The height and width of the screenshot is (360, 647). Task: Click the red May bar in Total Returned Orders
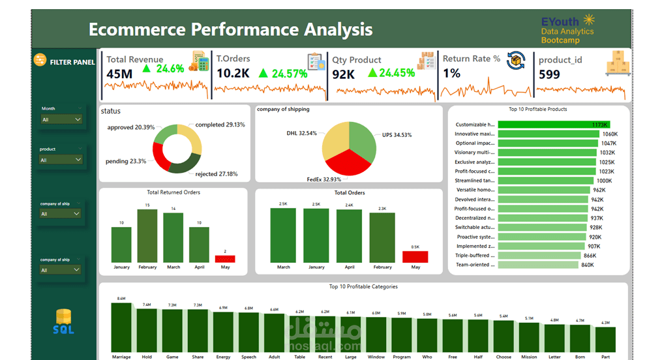(x=225, y=259)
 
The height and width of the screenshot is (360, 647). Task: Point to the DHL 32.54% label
(x=301, y=133)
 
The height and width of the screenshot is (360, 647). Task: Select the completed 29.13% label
(x=220, y=125)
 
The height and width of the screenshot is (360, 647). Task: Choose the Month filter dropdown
(x=61, y=119)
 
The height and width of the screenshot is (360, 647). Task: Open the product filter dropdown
(x=61, y=160)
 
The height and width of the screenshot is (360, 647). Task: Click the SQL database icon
(x=63, y=322)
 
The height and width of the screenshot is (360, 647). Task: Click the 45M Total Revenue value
(x=119, y=74)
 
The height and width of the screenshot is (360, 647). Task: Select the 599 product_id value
(x=549, y=74)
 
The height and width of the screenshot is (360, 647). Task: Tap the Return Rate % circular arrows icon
(x=517, y=61)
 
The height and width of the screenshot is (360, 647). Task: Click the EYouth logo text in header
(x=560, y=22)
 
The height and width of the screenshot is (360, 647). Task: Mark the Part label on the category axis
(x=605, y=357)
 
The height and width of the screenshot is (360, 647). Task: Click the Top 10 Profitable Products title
(x=537, y=110)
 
